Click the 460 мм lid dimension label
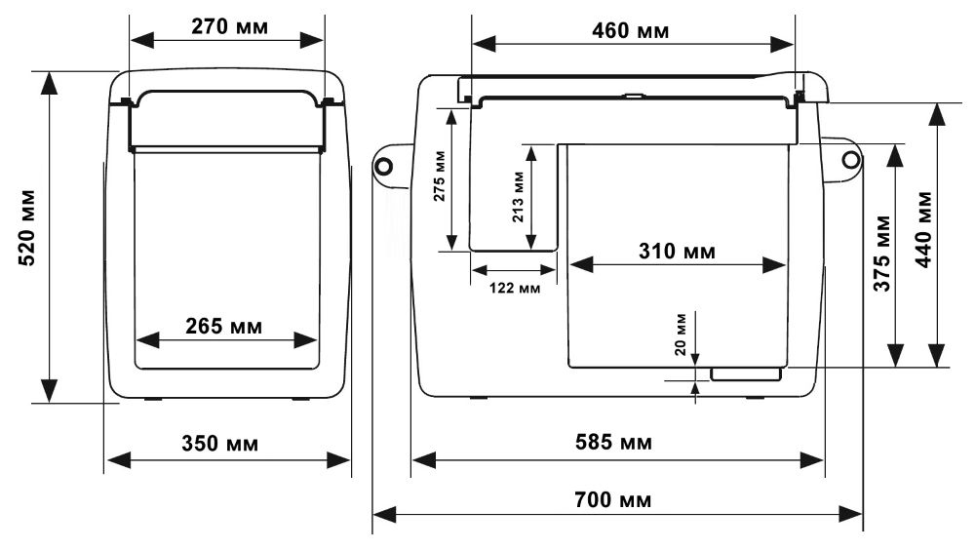631,31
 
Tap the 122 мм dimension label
514,288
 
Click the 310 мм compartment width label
678,252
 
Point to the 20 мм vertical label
681,334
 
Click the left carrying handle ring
384,165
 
